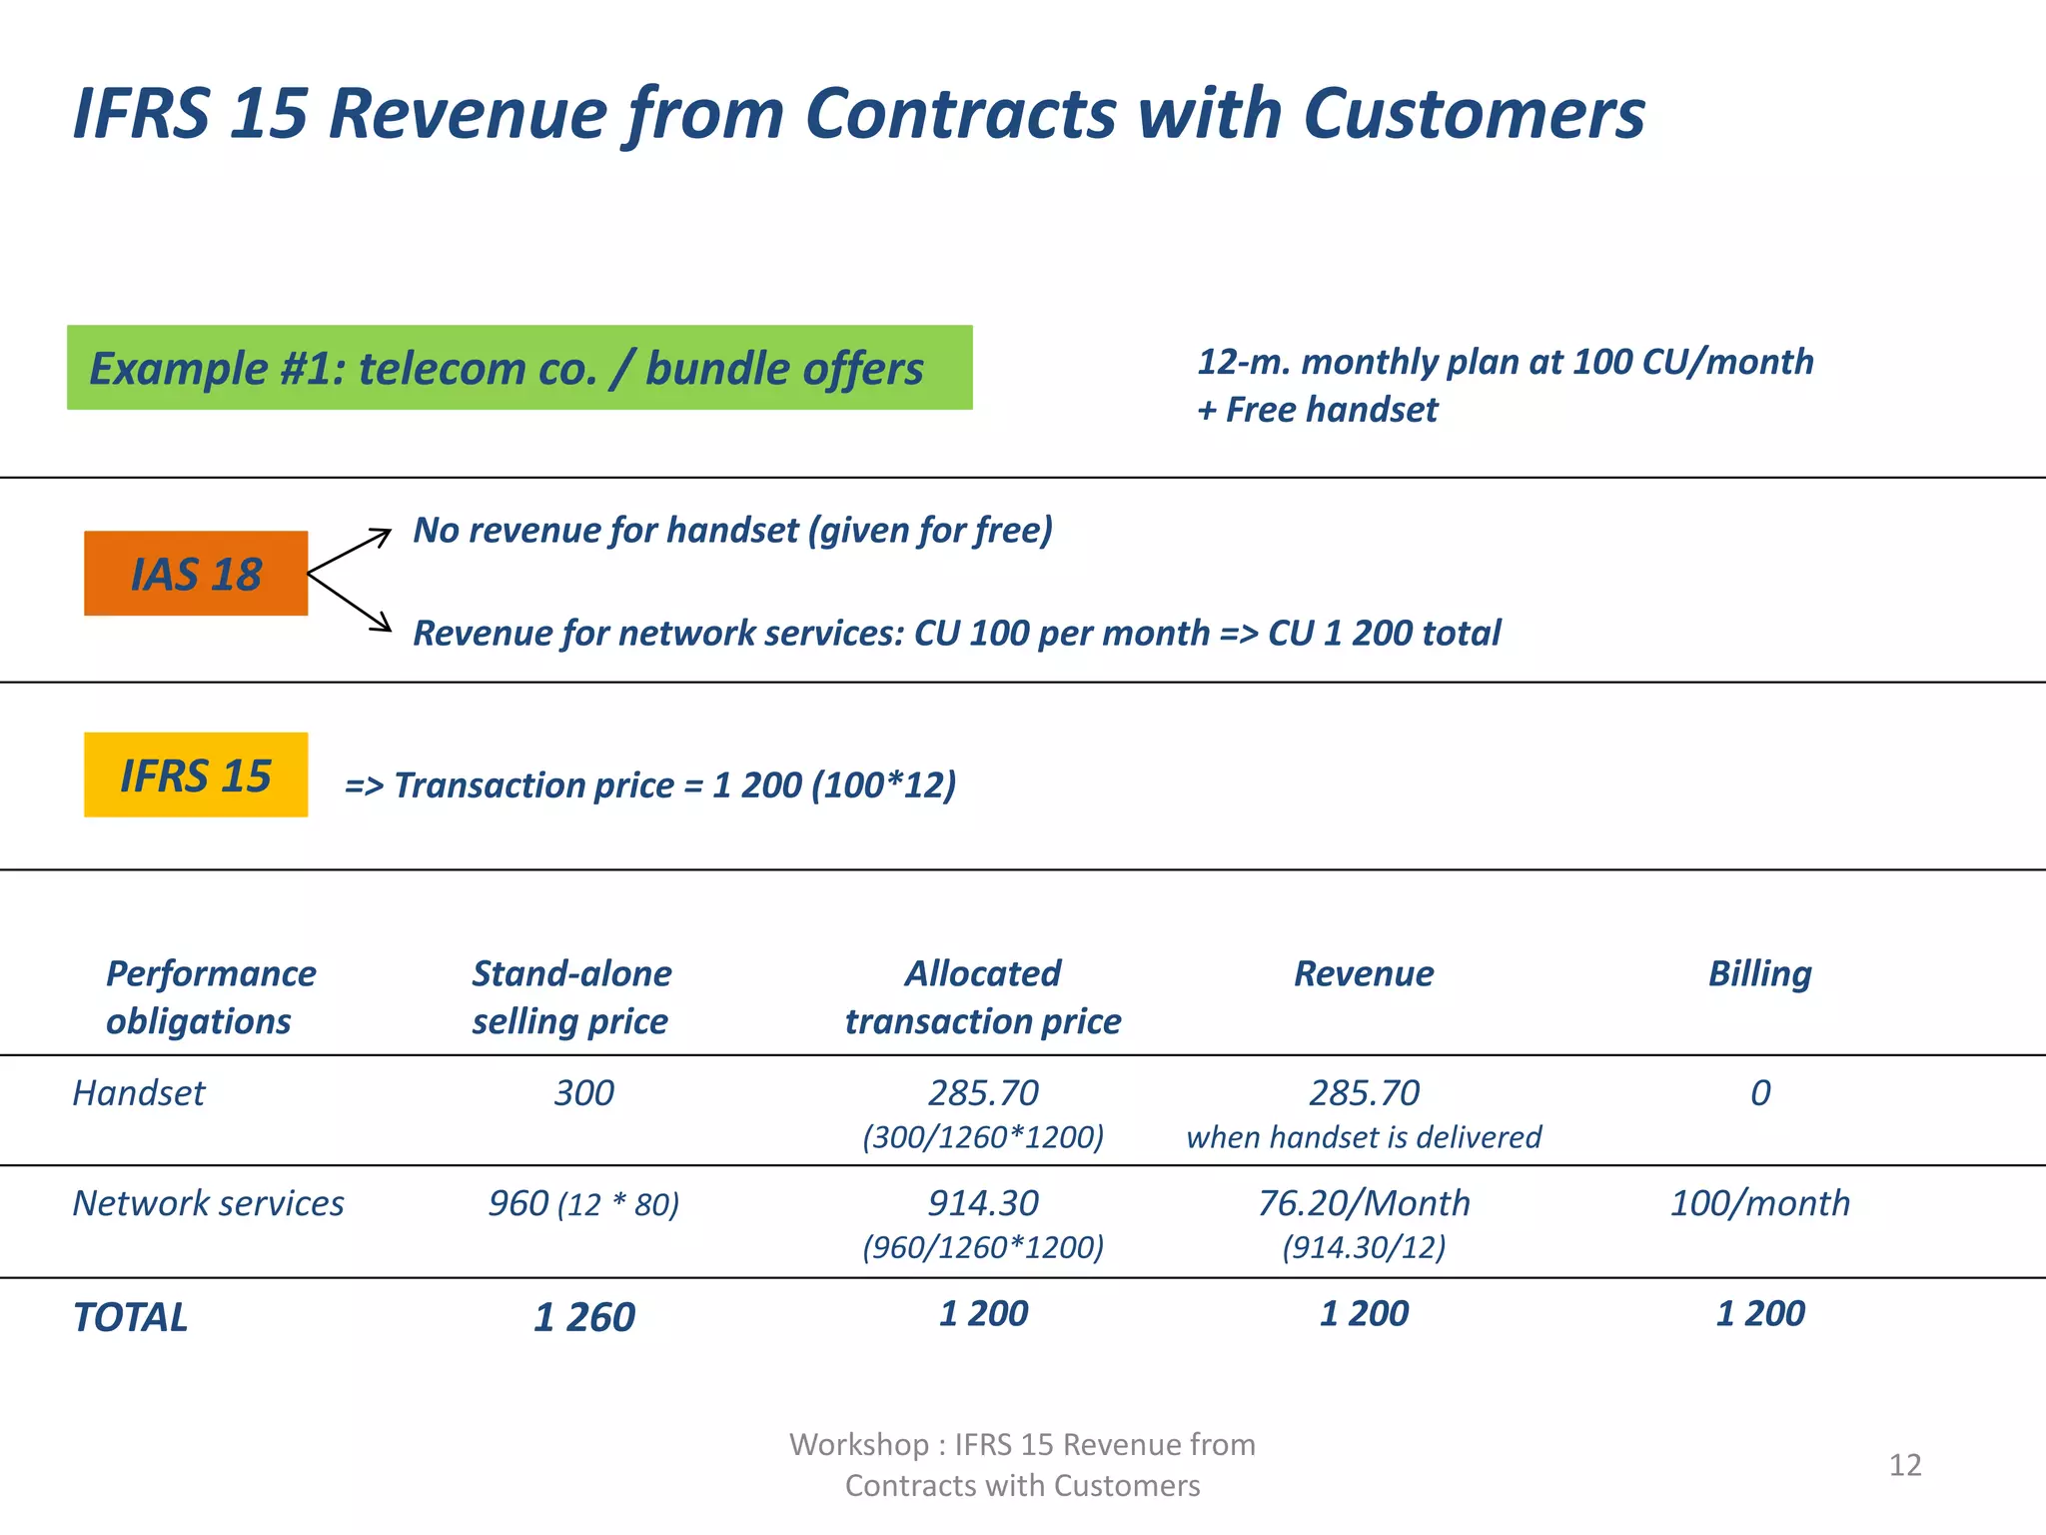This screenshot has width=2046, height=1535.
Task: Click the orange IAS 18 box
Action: click(196, 574)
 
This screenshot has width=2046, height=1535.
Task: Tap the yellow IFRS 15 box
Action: click(196, 775)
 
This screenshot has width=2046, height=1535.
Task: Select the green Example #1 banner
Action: click(519, 368)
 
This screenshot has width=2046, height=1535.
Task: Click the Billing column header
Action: click(1759, 973)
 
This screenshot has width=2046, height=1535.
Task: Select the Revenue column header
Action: click(1364, 973)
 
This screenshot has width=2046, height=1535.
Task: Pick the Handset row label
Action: click(139, 1093)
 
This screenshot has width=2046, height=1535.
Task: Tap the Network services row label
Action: click(208, 1203)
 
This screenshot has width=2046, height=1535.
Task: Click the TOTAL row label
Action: click(131, 1317)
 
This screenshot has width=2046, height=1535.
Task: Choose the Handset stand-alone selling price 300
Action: click(584, 1093)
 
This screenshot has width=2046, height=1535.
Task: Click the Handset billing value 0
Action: click(1760, 1093)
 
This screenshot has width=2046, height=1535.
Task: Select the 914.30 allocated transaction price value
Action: click(983, 1203)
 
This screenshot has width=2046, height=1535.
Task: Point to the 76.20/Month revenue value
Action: click(1364, 1203)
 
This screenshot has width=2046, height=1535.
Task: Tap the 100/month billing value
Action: click(1760, 1203)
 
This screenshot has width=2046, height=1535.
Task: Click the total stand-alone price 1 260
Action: click(584, 1317)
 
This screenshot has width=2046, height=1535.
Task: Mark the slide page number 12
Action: click(1905, 1465)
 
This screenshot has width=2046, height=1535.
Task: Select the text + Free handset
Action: click(1318, 410)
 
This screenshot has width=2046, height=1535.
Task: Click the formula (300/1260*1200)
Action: click(983, 1137)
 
